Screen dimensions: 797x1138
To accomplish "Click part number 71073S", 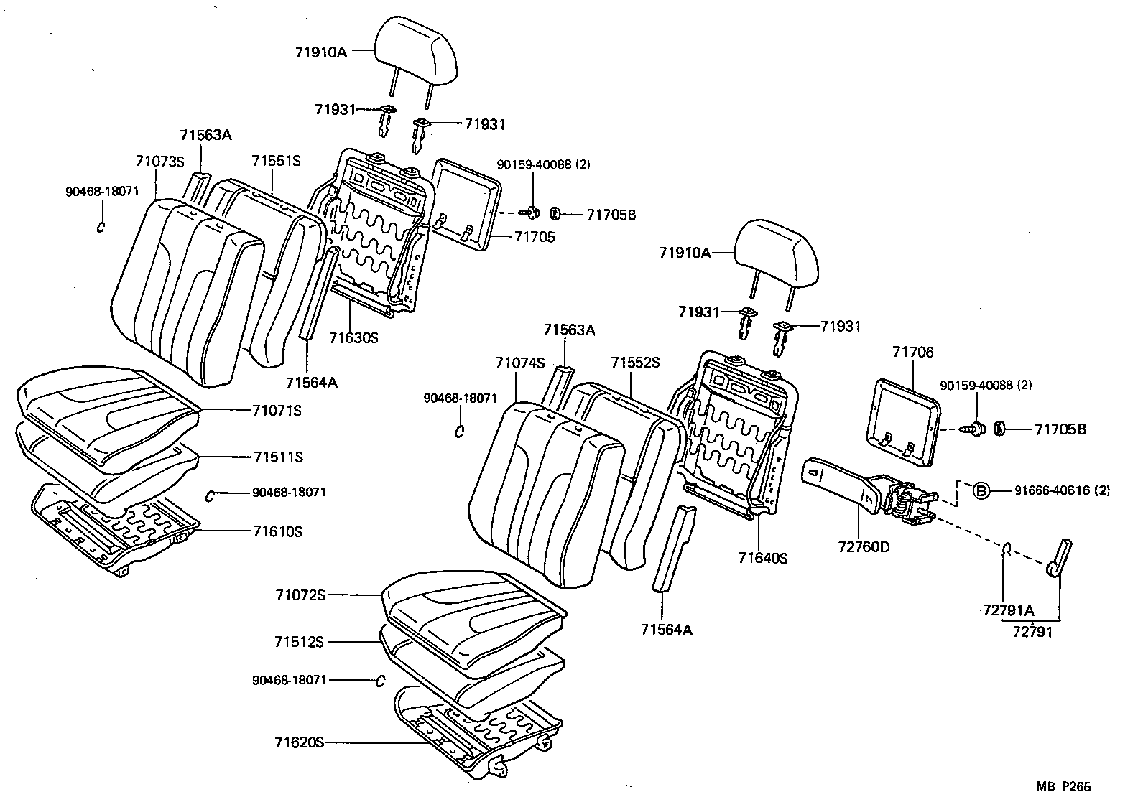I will click(159, 161).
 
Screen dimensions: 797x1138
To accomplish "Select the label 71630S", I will click(353, 337).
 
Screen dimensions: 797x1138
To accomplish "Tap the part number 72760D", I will click(864, 547).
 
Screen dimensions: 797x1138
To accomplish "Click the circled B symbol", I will click(981, 490).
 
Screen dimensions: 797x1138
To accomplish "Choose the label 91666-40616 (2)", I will click(1062, 490).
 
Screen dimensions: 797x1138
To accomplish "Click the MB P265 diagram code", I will click(1068, 787).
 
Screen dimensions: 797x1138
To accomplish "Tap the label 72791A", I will click(1009, 611).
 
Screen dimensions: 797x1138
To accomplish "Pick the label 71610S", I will click(277, 531).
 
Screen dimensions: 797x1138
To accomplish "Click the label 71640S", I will click(763, 558).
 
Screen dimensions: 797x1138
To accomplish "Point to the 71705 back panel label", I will click(535, 237).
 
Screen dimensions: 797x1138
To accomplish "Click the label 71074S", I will click(519, 363).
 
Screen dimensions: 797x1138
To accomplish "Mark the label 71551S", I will click(276, 161).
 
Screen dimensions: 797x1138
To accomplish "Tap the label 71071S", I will click(277, 411).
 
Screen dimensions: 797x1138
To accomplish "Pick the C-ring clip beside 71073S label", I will click(101, 226).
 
